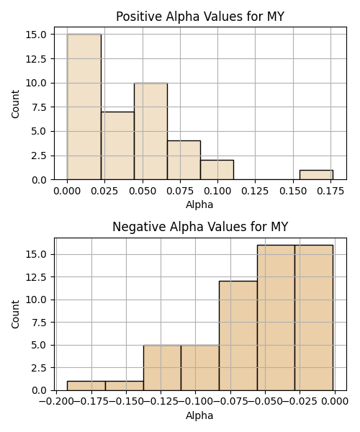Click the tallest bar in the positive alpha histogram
pos(84,107)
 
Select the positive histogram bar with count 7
pos(117,145)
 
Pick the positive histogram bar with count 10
pos(150,131)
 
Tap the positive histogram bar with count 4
pos(184,161)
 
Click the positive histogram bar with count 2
pos(217,170)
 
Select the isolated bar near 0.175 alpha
pos(317,175)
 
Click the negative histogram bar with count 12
pos(238,336)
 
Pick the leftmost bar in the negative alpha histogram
pos(86,386)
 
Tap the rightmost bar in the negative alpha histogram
pos(314,318)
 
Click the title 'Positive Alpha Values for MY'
pos(200,17)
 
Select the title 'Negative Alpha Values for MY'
pos(200,227)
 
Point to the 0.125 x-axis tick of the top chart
pos(255,191)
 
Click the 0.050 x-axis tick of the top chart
pos(143,191)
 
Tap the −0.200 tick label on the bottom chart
pos(56,401)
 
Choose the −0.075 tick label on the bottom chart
pos(230,401)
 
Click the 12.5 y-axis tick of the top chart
pos(40,59)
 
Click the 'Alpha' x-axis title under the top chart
pos(199,204)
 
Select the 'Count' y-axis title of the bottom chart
pos(15,314)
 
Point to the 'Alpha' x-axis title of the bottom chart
pos(199,415)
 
